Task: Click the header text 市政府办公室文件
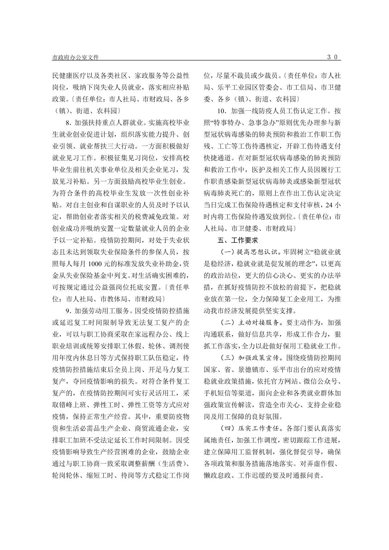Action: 75,58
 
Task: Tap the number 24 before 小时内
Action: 329,205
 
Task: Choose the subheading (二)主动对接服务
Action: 250,322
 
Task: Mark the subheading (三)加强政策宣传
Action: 250,358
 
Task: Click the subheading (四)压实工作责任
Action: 250,428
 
